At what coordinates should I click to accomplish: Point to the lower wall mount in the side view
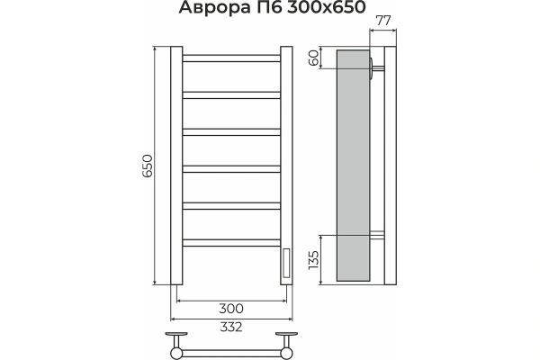379,236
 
